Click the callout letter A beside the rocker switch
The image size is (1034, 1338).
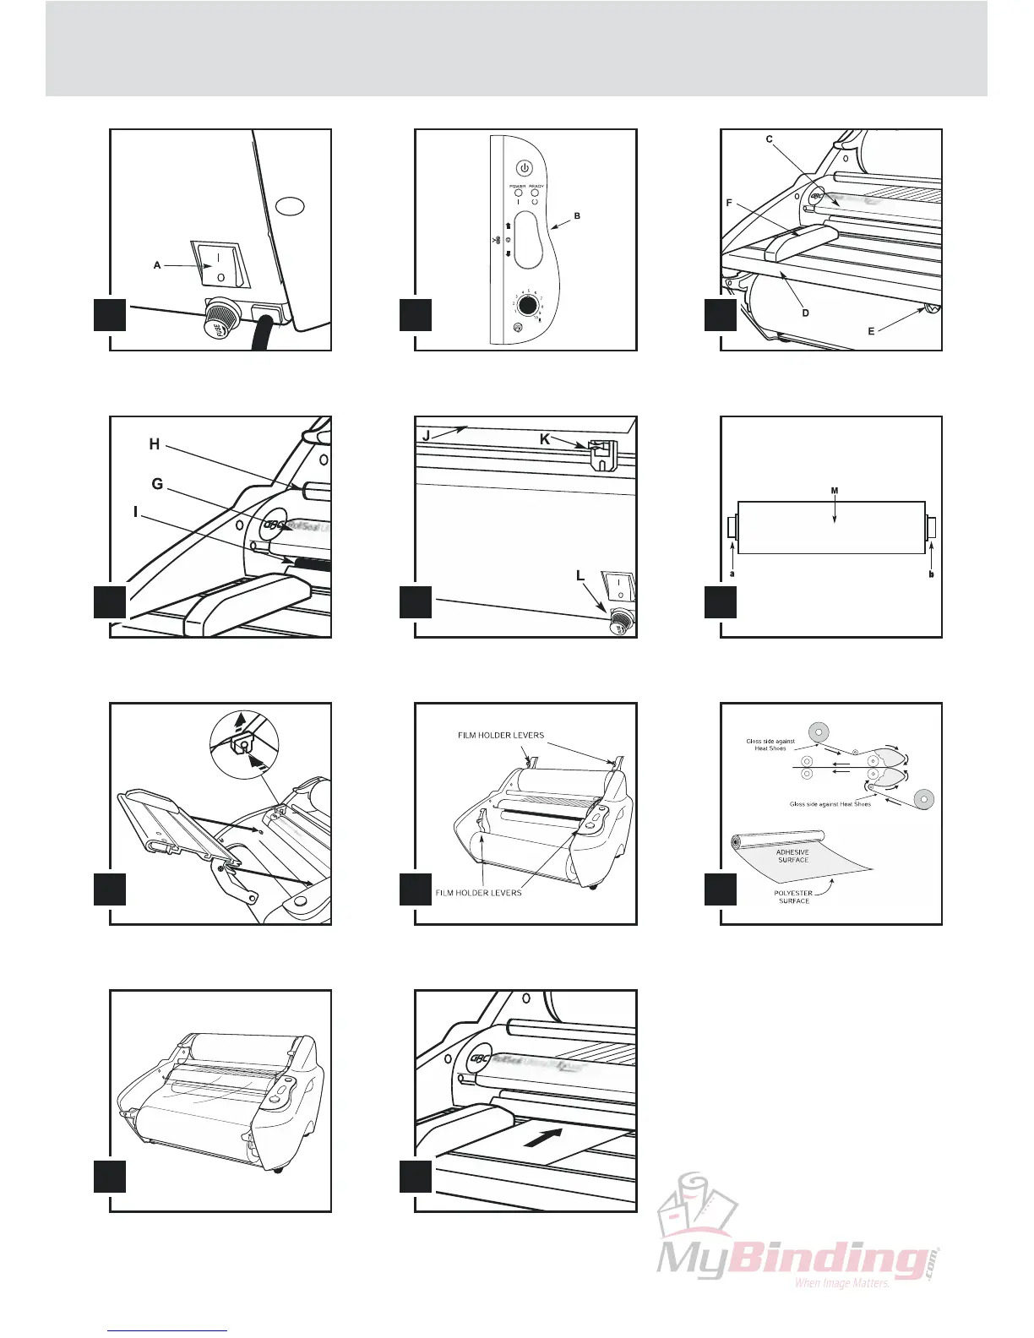(157, 265)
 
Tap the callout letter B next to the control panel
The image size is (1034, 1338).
(577, 216)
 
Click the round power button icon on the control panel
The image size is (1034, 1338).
(524, 167)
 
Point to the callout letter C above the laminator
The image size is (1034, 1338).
(770, 140)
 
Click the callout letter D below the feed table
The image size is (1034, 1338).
(805, 313)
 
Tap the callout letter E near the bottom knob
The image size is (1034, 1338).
(871, 332)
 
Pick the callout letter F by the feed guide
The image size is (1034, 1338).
(729, 204)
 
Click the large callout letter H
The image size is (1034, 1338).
(155, 444)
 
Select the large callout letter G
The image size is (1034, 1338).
(157, 484)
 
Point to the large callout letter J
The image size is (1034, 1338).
(427, 436)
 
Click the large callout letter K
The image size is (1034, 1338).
(545, 439)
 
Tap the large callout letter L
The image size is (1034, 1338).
(580, 575)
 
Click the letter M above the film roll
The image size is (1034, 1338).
(835, 491)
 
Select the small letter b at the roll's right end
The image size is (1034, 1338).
(931, 574)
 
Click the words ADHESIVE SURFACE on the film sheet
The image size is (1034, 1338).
(792, 856)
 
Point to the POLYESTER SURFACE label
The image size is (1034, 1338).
(793, 896)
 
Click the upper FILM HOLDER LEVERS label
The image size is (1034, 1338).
(501, 735)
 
